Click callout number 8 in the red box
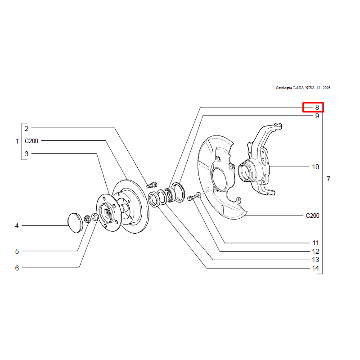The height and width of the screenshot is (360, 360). (x=317, y=108)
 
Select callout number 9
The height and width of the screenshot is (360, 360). (x=317, y=116)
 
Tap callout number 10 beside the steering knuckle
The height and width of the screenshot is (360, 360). (x=315, y=167)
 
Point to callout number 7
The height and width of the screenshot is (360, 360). (x=328, y=179)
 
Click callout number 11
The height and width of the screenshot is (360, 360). (x=315, y=243)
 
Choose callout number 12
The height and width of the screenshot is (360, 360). (x=315, y=252)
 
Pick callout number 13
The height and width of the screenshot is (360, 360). (x=315, y=260)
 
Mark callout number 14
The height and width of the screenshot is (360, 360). (x=315, y=269)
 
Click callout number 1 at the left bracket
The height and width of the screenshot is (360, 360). (x=17, y=141)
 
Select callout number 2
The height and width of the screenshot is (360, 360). (x=27, y=128)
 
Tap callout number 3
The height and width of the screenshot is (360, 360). (x=27, y=154)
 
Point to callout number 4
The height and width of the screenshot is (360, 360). (x=17, y=225)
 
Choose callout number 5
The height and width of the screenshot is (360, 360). (x=17, y=251)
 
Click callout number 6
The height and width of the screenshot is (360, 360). (x=17, y=268)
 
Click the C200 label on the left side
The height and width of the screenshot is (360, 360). (x=31, y=141)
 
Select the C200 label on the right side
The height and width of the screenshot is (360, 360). (x=312, y=216)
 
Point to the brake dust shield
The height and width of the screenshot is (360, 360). (x=220, y=180)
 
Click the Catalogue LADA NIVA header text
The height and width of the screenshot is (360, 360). (x=303, y=88)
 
